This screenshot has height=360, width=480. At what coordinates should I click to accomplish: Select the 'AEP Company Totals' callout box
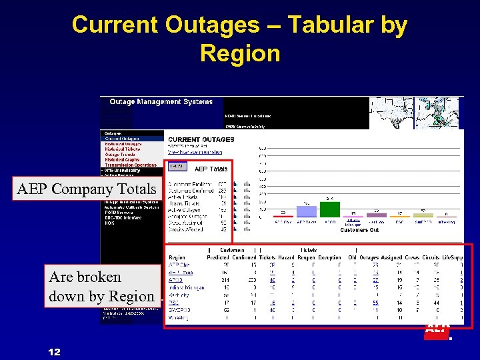point(86,189)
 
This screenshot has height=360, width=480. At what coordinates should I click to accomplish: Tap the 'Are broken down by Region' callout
point(101,287)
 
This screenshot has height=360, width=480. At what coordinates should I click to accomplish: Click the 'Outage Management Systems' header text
point(161,102)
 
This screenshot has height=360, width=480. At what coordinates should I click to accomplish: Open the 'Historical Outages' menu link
point(123,144)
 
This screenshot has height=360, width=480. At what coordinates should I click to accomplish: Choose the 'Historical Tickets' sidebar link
point(123,149)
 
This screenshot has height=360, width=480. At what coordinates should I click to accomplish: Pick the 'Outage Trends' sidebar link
point(120,155)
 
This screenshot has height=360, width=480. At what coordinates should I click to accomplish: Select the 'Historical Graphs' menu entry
point(123,160)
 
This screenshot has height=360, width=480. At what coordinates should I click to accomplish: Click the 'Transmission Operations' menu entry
point(131,165)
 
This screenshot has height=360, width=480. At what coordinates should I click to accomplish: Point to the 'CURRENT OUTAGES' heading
point(201,139)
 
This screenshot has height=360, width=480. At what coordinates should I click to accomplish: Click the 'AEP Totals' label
point(211,169)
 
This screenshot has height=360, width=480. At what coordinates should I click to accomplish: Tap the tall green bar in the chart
point(330,208)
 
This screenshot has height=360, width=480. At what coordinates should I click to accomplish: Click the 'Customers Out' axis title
point(361,230)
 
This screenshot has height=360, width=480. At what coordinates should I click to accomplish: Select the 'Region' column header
point(177,257)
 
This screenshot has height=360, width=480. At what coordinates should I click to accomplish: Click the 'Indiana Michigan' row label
point(186,287)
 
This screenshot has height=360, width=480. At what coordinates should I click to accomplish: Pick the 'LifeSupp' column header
point(453,257)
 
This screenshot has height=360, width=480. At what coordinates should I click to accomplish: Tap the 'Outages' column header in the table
point(369,257)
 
